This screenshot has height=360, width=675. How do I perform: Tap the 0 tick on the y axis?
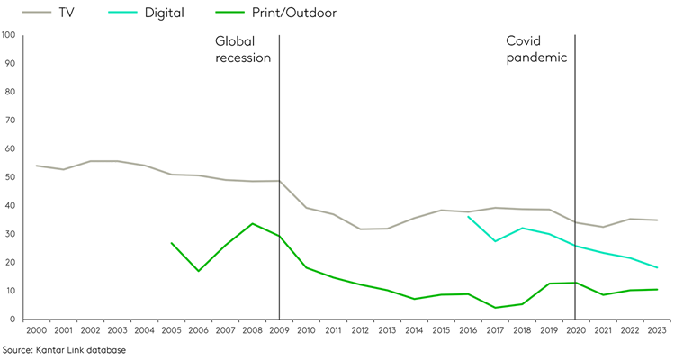pos(13,319)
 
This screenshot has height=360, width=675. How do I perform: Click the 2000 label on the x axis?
pos(36,330)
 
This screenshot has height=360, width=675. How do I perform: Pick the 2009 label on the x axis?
pos(279,330)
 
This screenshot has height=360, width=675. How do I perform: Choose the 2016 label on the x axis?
pos(468,330)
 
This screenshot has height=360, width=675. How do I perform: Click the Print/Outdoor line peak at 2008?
pos(252,223)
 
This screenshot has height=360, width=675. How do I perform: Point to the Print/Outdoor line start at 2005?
pos(171,243)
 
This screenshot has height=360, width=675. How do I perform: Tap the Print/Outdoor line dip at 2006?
pos(198,271)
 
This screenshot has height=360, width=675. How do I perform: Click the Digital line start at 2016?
pos(468,217)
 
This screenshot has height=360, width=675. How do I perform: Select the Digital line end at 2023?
pos(657,267)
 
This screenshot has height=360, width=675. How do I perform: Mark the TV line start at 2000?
pos(36,166)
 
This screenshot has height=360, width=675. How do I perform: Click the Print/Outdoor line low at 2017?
pos(495,308)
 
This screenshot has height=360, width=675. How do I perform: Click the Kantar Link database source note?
pos(64,349)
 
